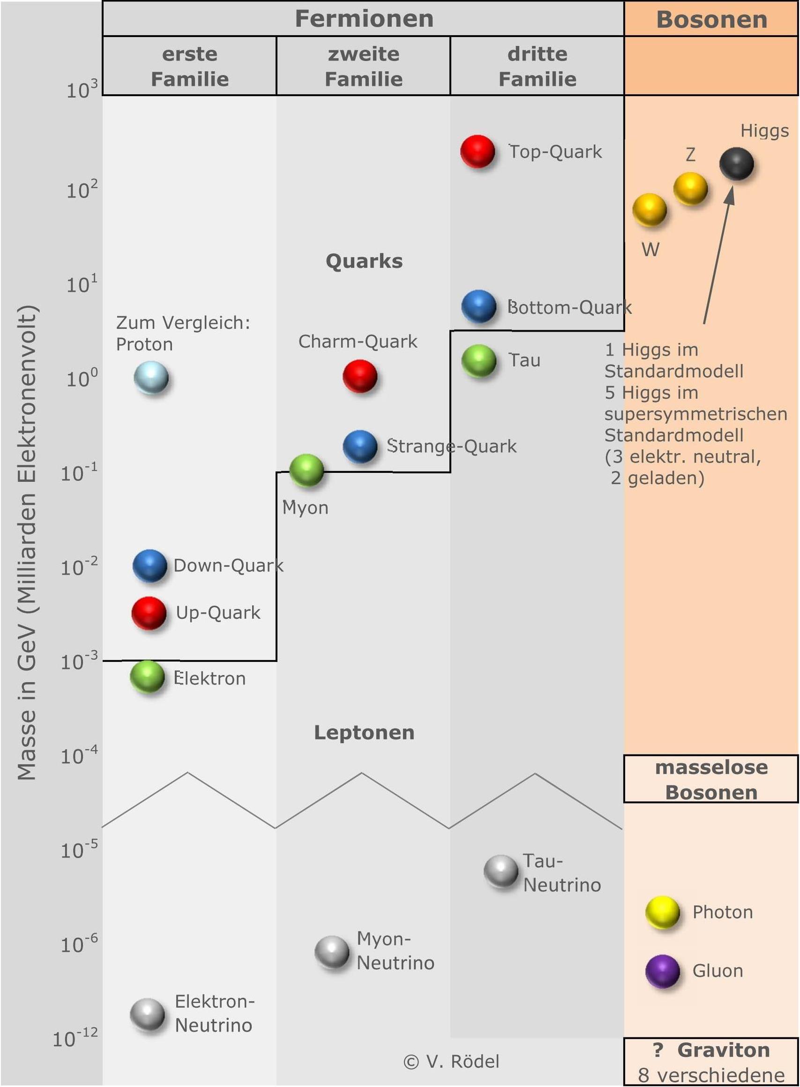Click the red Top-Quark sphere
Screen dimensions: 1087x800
478,151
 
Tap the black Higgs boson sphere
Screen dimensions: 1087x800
736,163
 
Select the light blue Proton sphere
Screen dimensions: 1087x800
151,377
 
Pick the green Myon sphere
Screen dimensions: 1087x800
307,470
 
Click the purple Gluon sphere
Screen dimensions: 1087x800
663,971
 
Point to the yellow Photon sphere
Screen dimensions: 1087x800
663,912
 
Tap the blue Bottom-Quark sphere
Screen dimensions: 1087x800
479,306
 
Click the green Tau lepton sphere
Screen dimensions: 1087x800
479,361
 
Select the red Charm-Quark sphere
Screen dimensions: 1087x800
360,376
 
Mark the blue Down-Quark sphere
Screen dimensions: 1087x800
150,565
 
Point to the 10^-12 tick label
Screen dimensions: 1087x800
75,1038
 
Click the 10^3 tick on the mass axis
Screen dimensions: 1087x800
82,89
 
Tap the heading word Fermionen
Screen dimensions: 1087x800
364,18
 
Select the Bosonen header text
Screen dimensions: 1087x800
711,19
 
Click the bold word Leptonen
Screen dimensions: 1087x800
364,732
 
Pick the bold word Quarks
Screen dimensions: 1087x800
364,261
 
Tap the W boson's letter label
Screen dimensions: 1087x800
650,250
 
